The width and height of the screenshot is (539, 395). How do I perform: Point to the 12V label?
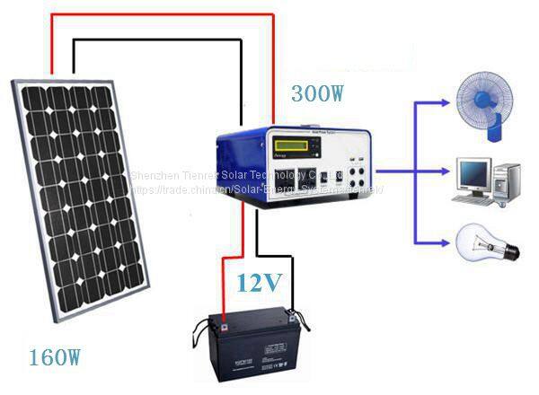tap(260, 285)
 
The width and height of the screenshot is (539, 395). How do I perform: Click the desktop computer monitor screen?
tap(473, 170)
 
